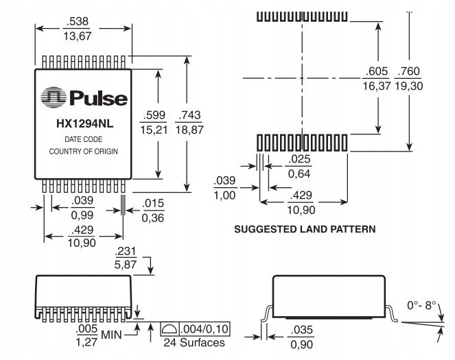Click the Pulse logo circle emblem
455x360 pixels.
coord(54,97)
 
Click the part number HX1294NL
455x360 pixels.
coord(84,124)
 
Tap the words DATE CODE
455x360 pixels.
coord(84,139)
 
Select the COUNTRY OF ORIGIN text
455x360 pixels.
coord(84,152)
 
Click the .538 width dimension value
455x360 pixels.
coord(77,21)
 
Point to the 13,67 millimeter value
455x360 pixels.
coord(77,36)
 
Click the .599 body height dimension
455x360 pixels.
coord(154,115)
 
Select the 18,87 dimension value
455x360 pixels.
coord(189,130)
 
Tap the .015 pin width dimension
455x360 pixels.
coord(153,203)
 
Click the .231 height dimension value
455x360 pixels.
coord(126,251)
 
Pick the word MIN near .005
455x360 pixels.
coord(111,335)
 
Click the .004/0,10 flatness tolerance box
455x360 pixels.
coord(196,329)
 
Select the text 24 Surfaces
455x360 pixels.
coord(194,343)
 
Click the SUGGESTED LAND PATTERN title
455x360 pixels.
coord(305,229)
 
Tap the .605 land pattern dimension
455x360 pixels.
coord(377,71)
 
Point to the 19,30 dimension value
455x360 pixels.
coord(408,86)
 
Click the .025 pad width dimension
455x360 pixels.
coord(299,159)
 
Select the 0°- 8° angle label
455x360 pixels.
coord(421,305)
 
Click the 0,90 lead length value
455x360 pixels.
coord(301,345)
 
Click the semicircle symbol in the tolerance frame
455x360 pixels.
coord(170,329)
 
